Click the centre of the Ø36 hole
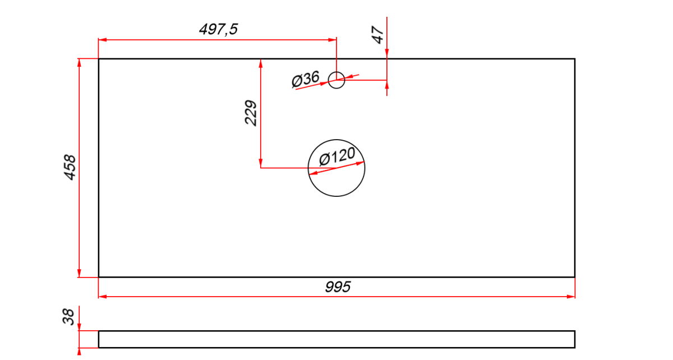(336, 80)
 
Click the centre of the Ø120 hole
(336, 168)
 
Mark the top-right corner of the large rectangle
(575, 59)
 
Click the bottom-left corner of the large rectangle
(99, 277)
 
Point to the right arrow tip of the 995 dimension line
(575, 297)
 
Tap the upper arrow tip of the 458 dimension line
(79, 59)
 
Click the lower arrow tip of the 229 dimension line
(260, 167)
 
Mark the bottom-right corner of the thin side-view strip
(575, 348)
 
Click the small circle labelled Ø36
(336, 80)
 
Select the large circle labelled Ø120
(336, 168)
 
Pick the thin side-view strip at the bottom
(337, 339)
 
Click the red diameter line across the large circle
(336, 168)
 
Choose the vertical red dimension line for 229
(260, 113)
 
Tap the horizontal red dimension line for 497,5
(217, 40)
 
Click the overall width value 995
(338, 287)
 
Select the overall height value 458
(70, 167)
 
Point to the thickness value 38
(68, 316)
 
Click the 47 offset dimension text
(377, 35)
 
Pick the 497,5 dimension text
(218, 30)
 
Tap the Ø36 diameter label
(305, 79)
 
